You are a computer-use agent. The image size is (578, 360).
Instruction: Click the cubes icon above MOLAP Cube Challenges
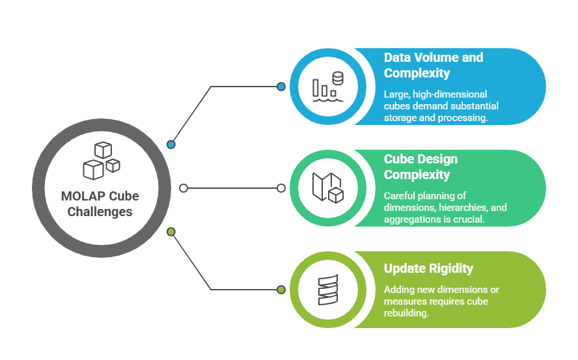[x=101, y=160]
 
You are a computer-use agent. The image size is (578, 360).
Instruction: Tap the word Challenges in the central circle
[x=101, y=212]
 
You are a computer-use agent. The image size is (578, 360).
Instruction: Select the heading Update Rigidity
[x=428, y=269]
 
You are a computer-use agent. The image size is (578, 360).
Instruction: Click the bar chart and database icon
[x=328, y=87]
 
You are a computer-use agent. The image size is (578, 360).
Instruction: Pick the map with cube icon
[x=328, y=187]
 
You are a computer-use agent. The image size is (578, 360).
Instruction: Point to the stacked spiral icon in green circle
[x=328, y=290]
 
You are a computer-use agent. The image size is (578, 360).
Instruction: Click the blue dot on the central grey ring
[x=171, y=145]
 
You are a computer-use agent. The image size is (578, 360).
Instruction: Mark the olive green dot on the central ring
[x=171, y=232]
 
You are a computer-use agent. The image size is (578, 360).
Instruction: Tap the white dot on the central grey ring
[x=184, y=188]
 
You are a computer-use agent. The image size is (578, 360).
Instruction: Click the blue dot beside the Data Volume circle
[x=281, y=87]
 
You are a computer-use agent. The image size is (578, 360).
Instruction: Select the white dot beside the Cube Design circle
[x=281, y=188]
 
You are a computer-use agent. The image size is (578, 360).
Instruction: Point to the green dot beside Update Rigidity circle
[x=281, y=290]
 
